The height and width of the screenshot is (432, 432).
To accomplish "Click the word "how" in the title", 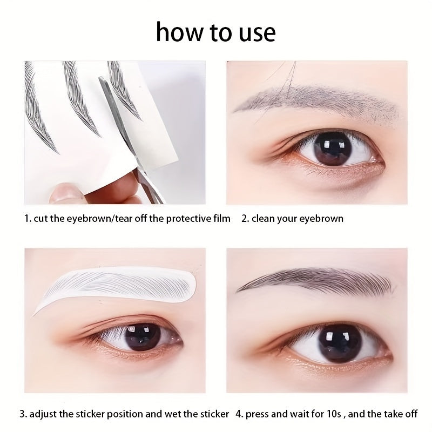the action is (x=180, y=32).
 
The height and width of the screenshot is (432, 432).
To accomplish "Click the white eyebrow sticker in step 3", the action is (x=116, y=286).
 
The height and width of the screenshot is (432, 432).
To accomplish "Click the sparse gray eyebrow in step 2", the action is (x=317, y=102).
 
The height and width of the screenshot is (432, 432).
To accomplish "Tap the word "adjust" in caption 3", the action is (x=43, y=414).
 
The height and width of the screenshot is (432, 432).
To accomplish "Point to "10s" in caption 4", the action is (x=332, y=414).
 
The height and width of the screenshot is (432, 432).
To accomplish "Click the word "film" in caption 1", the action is (x=222, y=218).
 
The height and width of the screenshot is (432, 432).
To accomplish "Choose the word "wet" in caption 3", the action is (x=172, y=414).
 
